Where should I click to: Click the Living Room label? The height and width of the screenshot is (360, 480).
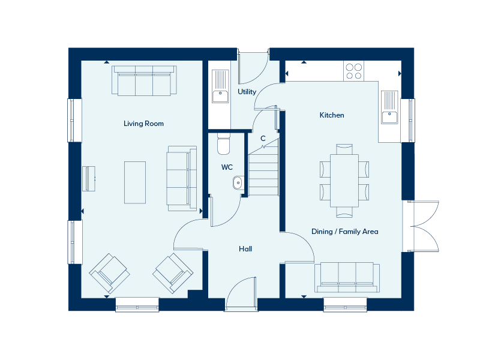(x=143, y=124)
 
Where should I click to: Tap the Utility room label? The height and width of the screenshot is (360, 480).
(x=247, y=92)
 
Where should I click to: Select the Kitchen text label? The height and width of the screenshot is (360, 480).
(x=331, y=115)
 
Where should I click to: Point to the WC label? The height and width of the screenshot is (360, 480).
(x=227, y=167)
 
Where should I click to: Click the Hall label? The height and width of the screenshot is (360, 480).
(x=245, y=248)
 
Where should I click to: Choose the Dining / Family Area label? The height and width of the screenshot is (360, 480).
(x=344, y=231)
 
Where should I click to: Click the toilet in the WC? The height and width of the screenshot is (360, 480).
(x=223, y=145)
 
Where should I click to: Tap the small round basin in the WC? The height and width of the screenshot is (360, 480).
(x=238, y=181)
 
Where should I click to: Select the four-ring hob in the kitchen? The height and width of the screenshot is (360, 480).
(x=353, y=71)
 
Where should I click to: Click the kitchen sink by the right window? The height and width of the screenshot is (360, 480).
(x=390, y=107)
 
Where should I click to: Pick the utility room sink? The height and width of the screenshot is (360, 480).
(x=220, y=86)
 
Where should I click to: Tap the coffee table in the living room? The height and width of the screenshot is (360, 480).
(x=135, y=182)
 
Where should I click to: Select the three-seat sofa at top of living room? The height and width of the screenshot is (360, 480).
(x=144, y=81)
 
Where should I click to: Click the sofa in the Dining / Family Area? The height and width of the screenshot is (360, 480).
(x=347, y=277)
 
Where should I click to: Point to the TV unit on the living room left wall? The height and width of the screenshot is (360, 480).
(x=89, y=178)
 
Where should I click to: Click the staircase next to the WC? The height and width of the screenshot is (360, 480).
(x=263, y=171)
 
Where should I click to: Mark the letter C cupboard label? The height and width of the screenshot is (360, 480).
(x=263, y=139)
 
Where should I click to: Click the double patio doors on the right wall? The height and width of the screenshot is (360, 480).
(x=423, y=226)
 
